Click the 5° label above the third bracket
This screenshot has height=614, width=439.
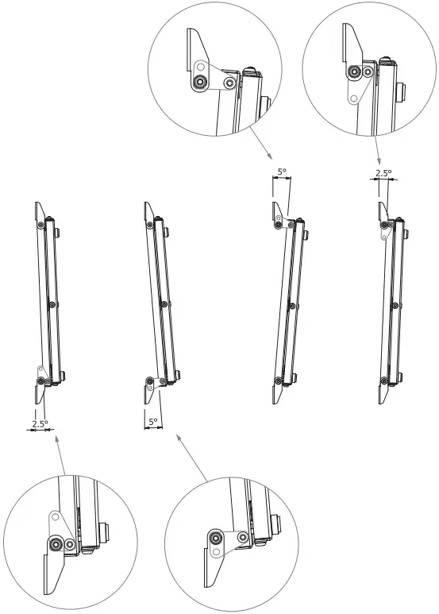coord(281,171)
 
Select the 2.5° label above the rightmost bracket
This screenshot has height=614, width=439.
coord(384,172)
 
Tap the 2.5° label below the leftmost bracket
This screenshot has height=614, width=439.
coord(40,423)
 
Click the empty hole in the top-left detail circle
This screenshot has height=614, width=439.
coord(202,68)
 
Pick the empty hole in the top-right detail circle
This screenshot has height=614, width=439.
coord(353,98)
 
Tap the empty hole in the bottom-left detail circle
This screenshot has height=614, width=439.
coord(55,517)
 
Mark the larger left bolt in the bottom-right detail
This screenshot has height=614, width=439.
coord(216,537)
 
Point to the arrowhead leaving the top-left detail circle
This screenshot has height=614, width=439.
coord(269,156)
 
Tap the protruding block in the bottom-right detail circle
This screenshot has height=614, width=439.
coord(275,524)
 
